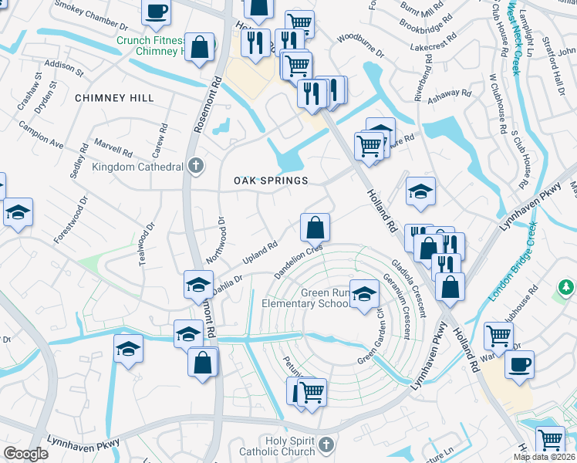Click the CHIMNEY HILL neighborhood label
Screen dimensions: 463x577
[x=114, y=98]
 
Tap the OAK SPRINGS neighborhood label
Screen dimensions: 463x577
[x=271, y=181]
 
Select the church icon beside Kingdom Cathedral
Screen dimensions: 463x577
[x=196, y=166]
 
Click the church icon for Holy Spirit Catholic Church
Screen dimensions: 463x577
[x=326, y=444]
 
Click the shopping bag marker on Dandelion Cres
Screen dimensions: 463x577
[x=315, y=228]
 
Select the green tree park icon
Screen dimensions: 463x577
[x=566, y=288]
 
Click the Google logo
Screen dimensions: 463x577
[x=25, y=454]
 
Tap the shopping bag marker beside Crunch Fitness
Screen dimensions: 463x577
[x=199, y=46]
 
